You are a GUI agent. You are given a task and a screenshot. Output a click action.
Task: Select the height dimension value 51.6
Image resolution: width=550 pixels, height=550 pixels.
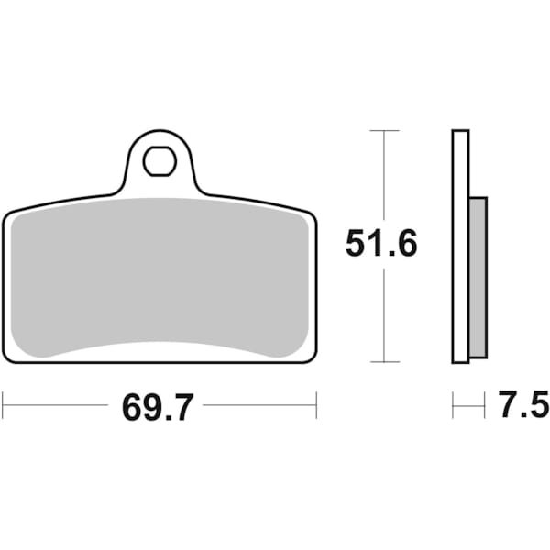coord(381,245)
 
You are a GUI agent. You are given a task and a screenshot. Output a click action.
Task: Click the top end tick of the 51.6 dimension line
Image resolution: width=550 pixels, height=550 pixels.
coord(383,131)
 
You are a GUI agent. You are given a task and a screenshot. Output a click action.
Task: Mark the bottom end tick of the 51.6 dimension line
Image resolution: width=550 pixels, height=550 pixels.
coord(383,363)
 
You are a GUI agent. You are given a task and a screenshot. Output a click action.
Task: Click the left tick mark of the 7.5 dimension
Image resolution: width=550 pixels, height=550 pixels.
coord(453,404)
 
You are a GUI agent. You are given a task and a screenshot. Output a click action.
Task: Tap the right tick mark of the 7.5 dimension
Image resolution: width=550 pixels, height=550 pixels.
coord(484,404)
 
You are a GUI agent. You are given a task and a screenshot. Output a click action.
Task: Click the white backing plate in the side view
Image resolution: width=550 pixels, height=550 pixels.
coord(460,247)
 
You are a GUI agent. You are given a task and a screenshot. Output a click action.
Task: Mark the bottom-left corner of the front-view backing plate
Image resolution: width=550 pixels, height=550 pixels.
coord(7,358)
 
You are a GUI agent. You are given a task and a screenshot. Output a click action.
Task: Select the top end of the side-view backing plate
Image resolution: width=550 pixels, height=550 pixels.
coord(460,133)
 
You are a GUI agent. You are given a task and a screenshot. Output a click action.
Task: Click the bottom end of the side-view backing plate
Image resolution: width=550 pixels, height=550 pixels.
coord(460,361)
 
